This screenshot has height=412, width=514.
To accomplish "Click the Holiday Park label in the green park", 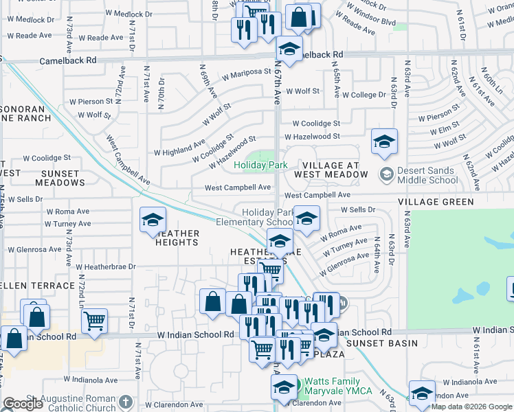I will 260,165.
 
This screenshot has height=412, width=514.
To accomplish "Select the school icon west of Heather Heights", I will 153,221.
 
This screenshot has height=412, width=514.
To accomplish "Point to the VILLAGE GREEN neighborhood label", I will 435,202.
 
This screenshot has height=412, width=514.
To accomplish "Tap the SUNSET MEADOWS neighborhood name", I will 54,178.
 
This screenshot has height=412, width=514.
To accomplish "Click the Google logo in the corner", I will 23,404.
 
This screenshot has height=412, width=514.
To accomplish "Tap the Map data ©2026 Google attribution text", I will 471,407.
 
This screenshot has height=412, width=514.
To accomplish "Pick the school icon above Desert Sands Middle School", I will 383,142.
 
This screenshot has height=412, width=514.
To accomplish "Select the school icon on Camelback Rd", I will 289,49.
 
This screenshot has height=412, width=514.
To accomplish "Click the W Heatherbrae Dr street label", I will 107,266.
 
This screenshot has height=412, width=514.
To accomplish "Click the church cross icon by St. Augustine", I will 125,402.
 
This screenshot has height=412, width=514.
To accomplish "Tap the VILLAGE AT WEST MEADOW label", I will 331,170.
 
